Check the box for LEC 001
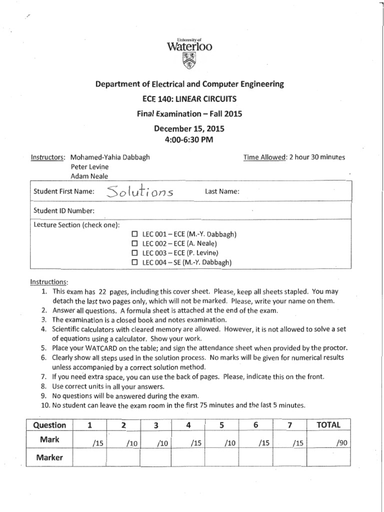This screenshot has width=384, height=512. pyautogui.click(x=134, y=234)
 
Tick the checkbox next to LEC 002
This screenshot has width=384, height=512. pyautogui.click(x=134, y=243)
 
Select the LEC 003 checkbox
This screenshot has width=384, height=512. pyautogui.click(x=134, y=252)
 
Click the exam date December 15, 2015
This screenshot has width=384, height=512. pyautogui.click(x=189, y=129)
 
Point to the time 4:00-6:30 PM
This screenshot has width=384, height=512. pyautogui.click(x=189, y=139)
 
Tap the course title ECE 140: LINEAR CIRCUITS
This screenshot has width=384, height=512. pyautogui.click(x=189, y=99)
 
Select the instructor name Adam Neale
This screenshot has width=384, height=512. pyautogui.click(x=88, y=175)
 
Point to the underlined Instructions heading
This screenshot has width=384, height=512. pyautogui.click(x=49, y=281)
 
